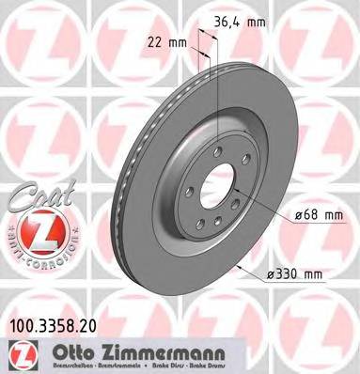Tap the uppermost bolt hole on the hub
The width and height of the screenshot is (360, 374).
tap(216, 151)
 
